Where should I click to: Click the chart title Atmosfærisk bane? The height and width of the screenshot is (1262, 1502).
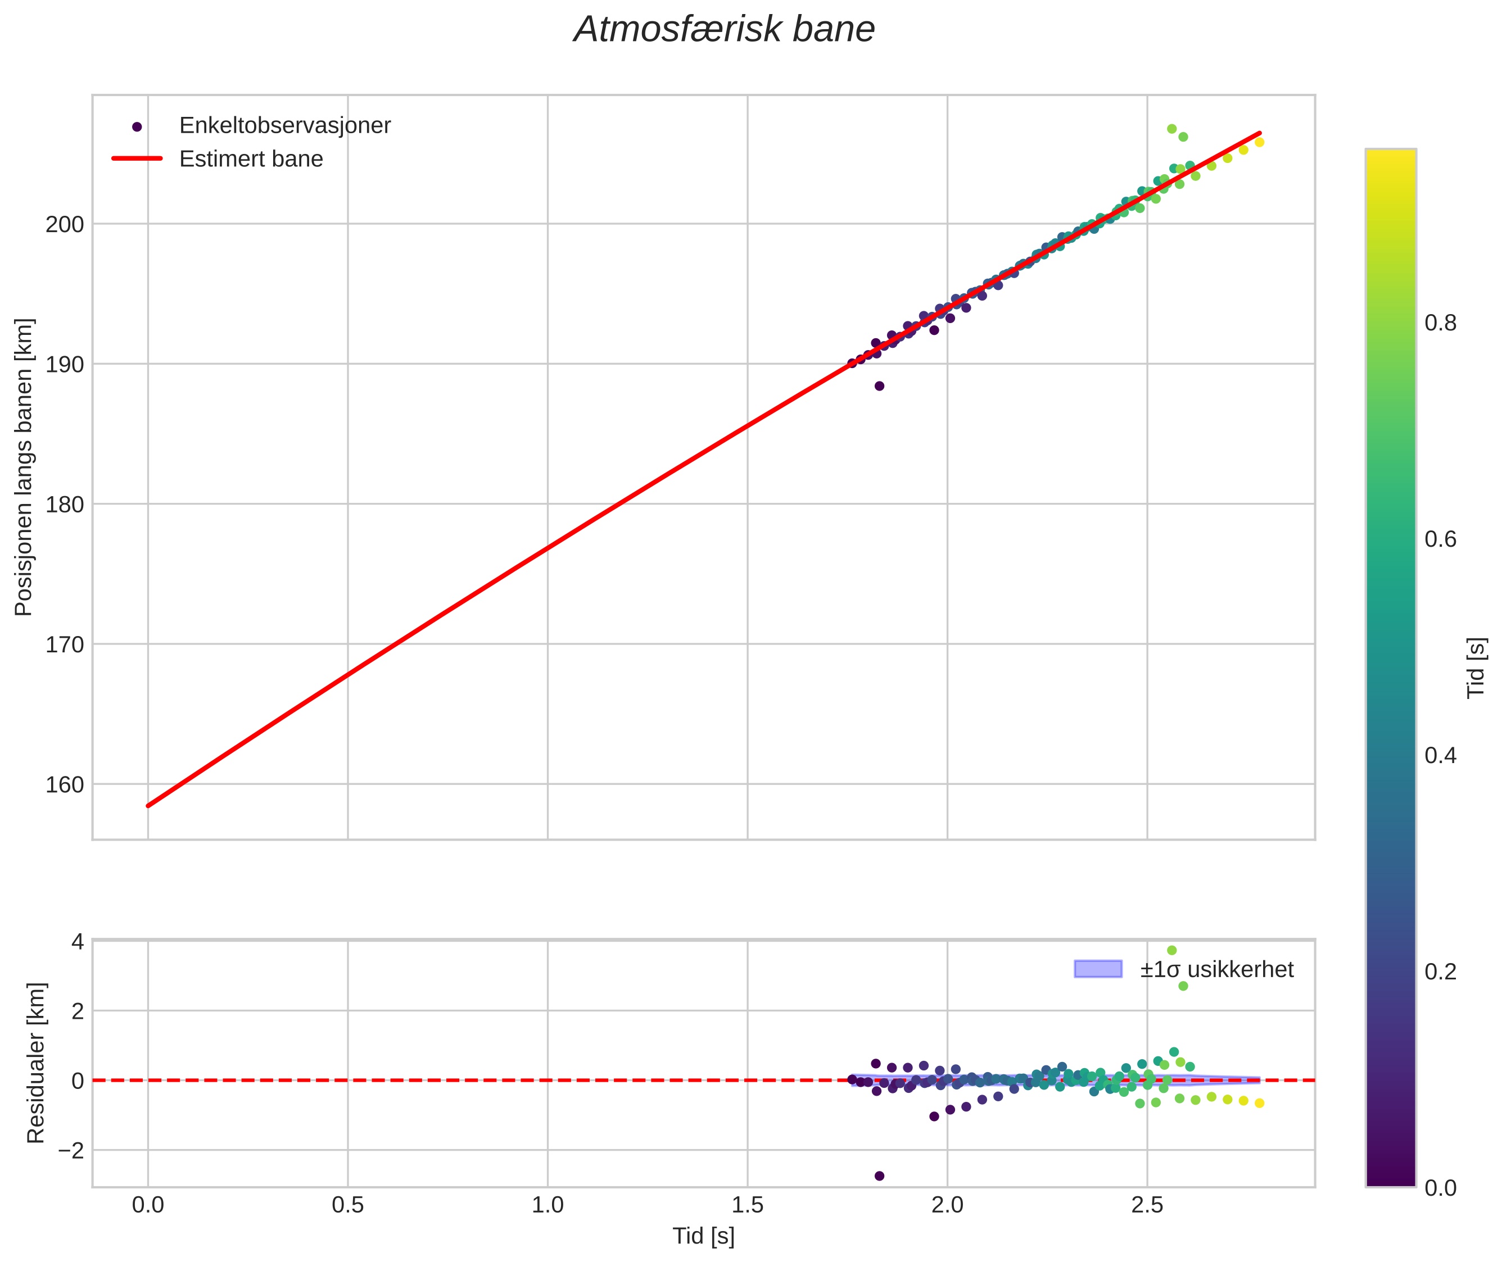coord(724,30)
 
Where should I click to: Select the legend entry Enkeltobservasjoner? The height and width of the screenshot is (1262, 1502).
coord(285,126)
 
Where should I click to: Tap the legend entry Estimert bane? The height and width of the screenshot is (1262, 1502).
coord(251,159)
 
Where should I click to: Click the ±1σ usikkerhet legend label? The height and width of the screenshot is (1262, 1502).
coord(1216,969)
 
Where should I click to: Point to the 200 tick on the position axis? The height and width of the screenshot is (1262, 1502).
coord(65,225)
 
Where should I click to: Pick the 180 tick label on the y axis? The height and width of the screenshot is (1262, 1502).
coord(65,505)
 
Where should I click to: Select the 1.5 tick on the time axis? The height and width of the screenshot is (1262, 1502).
coord(747,1205)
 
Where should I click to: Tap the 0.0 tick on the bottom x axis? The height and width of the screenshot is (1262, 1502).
coord(148,1205)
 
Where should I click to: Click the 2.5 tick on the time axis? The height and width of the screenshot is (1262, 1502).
coord(1147,1205)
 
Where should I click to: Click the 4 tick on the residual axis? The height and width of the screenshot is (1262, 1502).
coord(76,942)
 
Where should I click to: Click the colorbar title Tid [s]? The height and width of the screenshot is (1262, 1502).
coord(1476,668)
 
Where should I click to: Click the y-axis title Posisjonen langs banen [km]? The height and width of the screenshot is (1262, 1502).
coord(24,466)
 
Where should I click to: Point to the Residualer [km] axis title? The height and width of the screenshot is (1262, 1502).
coord(36,1063)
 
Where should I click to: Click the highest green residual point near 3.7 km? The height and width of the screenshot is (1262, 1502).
coord(1171,950)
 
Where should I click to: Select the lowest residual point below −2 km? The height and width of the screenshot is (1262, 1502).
coord(880,1176)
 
